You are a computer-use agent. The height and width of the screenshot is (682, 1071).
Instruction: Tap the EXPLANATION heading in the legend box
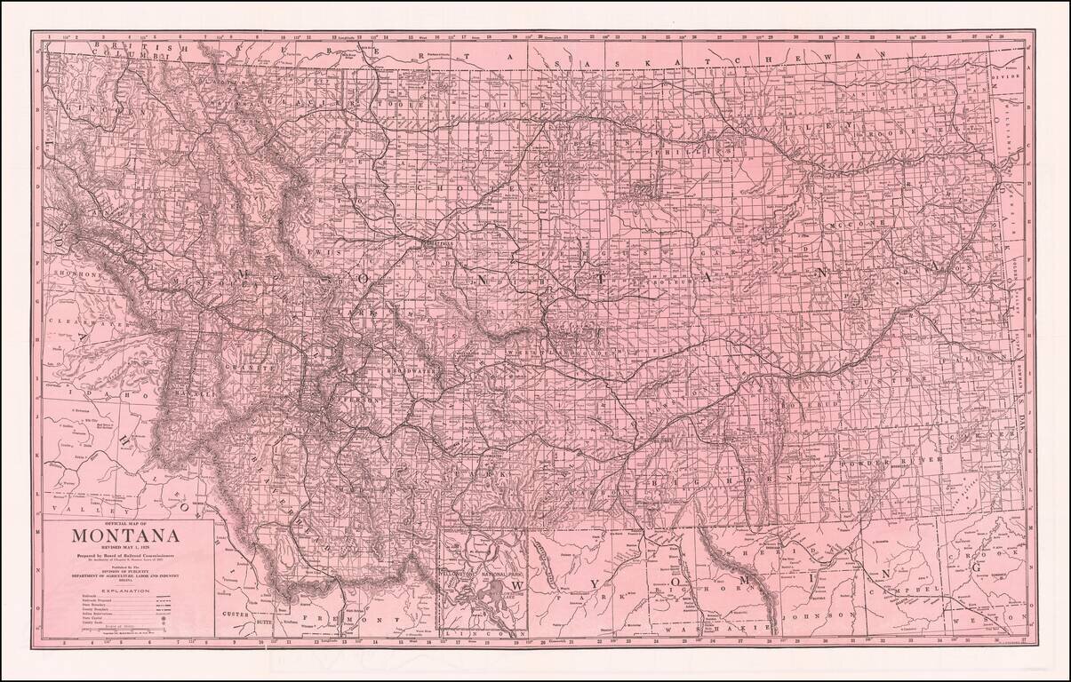click(x=125, y=590)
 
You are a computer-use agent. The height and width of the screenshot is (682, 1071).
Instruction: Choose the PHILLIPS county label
click(x=636, y=152)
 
